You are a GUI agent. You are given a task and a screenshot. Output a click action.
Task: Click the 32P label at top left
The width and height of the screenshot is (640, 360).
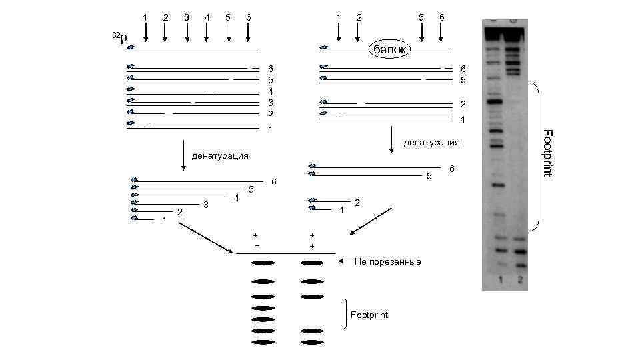point(118,38)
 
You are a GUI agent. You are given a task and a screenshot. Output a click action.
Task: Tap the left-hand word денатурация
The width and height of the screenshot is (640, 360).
point(220,156)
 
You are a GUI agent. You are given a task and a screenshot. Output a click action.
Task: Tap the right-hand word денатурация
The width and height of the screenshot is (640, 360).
point(431,143)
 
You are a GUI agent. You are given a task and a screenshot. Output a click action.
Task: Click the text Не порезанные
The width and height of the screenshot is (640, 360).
point(387,262)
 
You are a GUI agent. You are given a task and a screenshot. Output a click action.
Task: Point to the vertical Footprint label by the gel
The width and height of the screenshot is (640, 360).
point(547,153)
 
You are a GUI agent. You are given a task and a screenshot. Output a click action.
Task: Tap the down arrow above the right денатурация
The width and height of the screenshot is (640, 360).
point(391,139)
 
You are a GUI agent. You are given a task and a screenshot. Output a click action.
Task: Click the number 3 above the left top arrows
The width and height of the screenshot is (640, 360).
point(187,16)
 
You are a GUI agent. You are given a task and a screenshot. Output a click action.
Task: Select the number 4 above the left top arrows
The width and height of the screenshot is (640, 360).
point(207,16)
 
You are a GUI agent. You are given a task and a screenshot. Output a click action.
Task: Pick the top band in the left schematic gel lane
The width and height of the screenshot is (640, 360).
point(263,263)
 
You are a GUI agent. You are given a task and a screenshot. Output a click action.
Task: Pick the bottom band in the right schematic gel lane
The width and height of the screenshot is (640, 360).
point(311,342)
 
